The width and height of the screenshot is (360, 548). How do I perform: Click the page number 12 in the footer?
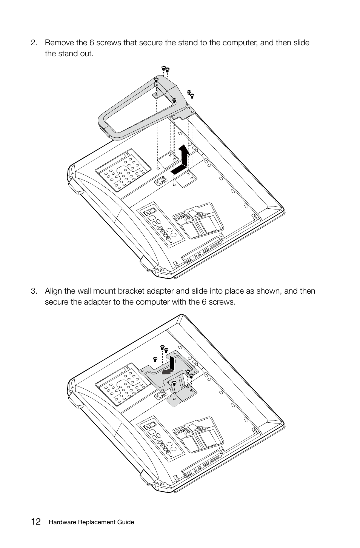(36, 522)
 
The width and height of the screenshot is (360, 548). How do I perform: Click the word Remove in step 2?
(58, 43)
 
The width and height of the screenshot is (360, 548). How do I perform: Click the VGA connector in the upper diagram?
(161, 182)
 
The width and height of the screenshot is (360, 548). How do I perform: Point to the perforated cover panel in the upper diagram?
(120, 170)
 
